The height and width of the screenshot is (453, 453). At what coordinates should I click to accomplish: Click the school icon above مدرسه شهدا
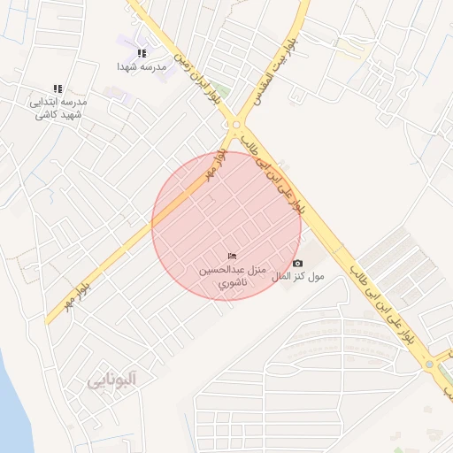[142, 54]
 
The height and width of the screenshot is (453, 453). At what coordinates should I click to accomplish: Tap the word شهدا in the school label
[130, 66]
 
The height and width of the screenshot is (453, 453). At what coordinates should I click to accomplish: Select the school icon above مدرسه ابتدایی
[58, 88]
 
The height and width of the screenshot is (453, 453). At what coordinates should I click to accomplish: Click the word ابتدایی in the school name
[47, 103]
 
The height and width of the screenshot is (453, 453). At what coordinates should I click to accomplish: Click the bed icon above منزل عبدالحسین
[232, 257]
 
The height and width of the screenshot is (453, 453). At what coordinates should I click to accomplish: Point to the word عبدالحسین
[218, 270]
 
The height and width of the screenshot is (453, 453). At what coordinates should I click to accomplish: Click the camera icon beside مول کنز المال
[297, 264]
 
